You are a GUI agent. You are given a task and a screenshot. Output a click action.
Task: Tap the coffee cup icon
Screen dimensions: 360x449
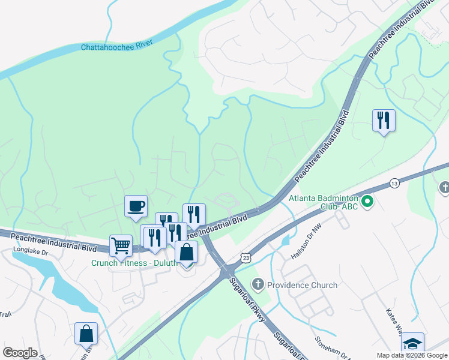point(136,206)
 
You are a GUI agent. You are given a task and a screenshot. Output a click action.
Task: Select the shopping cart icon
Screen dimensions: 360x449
point(121,246)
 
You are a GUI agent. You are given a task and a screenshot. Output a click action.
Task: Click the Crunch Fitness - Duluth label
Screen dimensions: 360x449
point(134,263)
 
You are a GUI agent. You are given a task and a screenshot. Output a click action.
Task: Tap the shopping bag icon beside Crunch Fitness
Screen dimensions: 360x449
point(186,252)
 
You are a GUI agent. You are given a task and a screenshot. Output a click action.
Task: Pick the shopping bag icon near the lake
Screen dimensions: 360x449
point(86,334)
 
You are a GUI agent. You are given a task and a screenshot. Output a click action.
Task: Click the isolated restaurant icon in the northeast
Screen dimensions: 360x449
point(383,121)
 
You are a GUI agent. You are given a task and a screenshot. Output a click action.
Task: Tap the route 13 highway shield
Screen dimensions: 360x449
point(394,182)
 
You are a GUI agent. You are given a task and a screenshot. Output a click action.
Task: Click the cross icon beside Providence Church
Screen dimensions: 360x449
point(258,284)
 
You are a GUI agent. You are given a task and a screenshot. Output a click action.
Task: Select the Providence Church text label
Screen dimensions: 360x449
point(303,285)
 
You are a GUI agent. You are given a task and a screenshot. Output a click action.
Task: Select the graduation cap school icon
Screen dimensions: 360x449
point(412,343)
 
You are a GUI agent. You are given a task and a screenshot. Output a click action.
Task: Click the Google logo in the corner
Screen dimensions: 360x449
point(19,353)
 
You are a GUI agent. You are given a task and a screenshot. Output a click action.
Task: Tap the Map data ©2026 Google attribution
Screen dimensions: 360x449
point(411,355)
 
